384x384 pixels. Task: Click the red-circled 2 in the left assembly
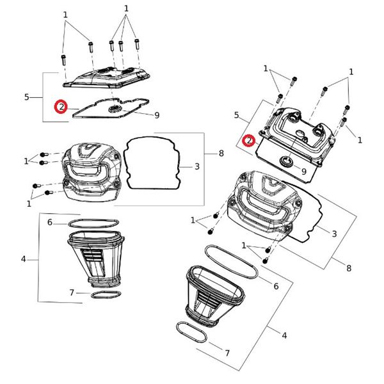point(61,107)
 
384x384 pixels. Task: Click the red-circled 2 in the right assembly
point(250,140)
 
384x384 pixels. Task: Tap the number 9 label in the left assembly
point(156,115)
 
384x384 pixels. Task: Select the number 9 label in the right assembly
point(303,171)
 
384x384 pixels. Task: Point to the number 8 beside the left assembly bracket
point(221,154)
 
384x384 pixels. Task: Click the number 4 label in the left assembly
point(24,259)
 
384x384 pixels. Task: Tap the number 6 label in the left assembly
point(49,222)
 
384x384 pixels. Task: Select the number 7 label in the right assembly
point(227,353)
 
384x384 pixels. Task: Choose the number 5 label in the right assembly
point(237,115)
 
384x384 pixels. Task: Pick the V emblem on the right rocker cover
point(265,186)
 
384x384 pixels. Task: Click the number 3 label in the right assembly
point(334,234)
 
